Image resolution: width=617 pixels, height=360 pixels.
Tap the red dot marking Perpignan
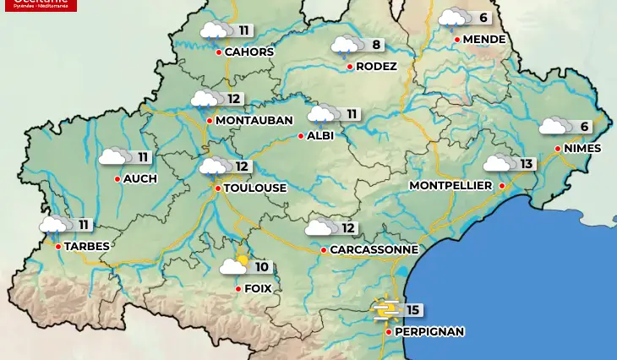pyautogui.click(x=388, y=332)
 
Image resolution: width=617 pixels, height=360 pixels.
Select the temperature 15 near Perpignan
pyautogui.click(x=412, y=310)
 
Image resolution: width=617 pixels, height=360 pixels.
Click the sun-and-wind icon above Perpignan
pyautogui.click(x=387, y=311)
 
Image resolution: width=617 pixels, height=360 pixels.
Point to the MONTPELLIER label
pyautogui.click(x=450, y=185)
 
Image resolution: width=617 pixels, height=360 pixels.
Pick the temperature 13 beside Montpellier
pyautogui.click(x=527, y=163)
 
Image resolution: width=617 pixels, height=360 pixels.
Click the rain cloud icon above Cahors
pyautogui.click(x=213, y=31)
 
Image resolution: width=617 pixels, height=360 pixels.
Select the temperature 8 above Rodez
pyautogui.click(x=376, y=44)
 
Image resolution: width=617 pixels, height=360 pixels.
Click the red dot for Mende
pyautogui.click(x=456, y=39)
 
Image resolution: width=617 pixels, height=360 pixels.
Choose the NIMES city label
pyautogui.click(x=582, y=149)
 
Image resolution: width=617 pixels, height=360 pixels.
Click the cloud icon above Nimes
pyautogui.click(x=554, y=127)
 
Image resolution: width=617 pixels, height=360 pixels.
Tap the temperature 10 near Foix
pyautogui.click(x=261, y=267)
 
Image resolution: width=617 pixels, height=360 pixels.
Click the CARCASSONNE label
pyautogui.click(x=374, y=250)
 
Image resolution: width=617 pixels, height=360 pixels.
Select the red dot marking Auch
pyautogui.click(x=117, y=178)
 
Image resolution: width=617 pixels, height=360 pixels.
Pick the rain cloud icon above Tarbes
pyautogui.click(x=54, y=225)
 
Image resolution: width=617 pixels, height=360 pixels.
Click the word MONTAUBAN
pyautogui.click(x=254, y=121)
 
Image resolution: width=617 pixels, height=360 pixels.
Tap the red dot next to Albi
pyautogui.click(x=300, y=135)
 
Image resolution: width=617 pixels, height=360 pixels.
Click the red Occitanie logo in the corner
pyautogui.click(x=39, y=5)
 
